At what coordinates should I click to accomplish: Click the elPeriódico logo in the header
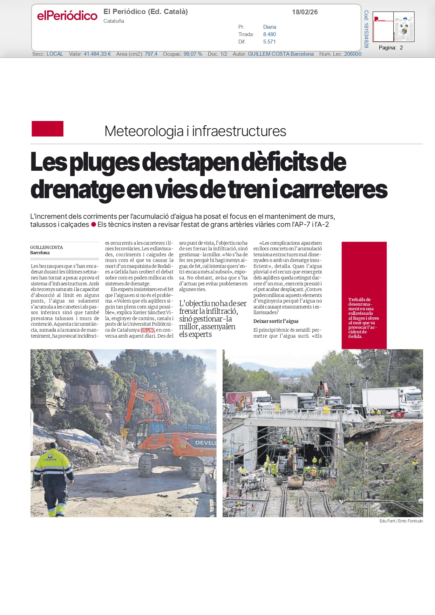point(67,15)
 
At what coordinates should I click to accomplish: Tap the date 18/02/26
point(305,12)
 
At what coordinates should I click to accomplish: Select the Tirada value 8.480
point(269,34)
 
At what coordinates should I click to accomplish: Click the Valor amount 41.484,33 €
point(97,54)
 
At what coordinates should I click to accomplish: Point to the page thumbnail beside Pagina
point(393,27)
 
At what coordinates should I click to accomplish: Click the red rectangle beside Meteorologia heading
point(48,129)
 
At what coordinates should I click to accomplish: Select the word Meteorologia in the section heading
point(144,131)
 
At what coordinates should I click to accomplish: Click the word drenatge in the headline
point(77,189)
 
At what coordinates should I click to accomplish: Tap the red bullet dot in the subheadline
point(94,224)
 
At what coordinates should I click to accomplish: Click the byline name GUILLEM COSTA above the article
point(46,247)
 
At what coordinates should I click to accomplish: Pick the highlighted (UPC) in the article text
point(148,330)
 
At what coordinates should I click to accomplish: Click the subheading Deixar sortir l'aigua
point(276,321)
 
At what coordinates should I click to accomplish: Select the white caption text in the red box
point(363,318)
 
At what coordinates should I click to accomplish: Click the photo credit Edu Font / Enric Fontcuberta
point(401,521)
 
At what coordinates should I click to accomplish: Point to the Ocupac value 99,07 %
point(193,54)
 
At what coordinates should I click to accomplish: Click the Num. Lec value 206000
point(353,54)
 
